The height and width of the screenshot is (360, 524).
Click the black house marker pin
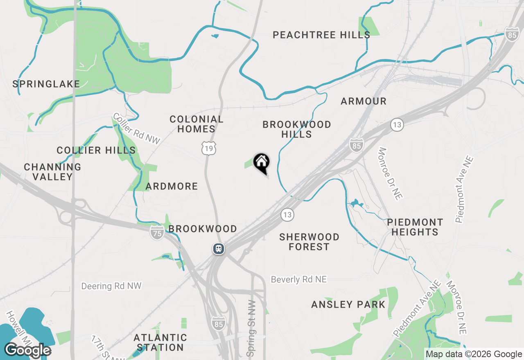(261, 162)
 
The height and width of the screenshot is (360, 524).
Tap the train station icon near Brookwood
(219, 248)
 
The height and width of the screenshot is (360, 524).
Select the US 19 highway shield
(209, 148)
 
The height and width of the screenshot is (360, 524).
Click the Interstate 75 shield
(157, 232)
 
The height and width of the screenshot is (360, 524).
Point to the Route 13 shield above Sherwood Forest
(287, 214)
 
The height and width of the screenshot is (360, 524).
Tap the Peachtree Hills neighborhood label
(321, 35)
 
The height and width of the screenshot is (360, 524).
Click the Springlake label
(46, 84)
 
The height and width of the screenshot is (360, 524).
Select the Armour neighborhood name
(364, 101)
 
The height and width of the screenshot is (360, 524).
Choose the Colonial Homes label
(196, 124)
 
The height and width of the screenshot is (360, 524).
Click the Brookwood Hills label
(297, 129)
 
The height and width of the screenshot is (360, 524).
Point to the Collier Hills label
(96, 150)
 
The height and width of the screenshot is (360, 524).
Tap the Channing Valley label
(52, 172)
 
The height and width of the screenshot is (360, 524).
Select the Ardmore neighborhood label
(172, 187)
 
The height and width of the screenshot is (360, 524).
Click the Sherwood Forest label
(309, 242)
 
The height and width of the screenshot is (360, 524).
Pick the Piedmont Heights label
(415, 227)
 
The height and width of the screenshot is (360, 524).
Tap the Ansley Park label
(348, 304)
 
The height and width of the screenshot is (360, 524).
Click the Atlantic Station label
(160, 342)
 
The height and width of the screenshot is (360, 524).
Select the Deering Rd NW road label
(111, 286)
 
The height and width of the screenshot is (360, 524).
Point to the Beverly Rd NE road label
(299, 279)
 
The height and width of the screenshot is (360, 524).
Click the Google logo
(27, 351)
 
